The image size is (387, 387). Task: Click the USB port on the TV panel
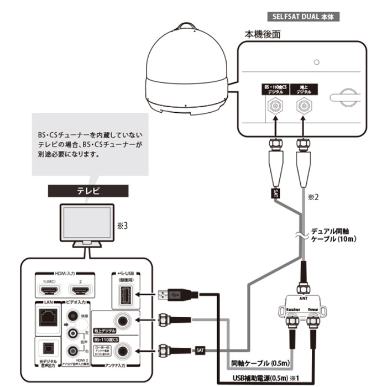click(x=123, y=295)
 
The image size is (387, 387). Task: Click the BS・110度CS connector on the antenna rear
click(x=274, y=106)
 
